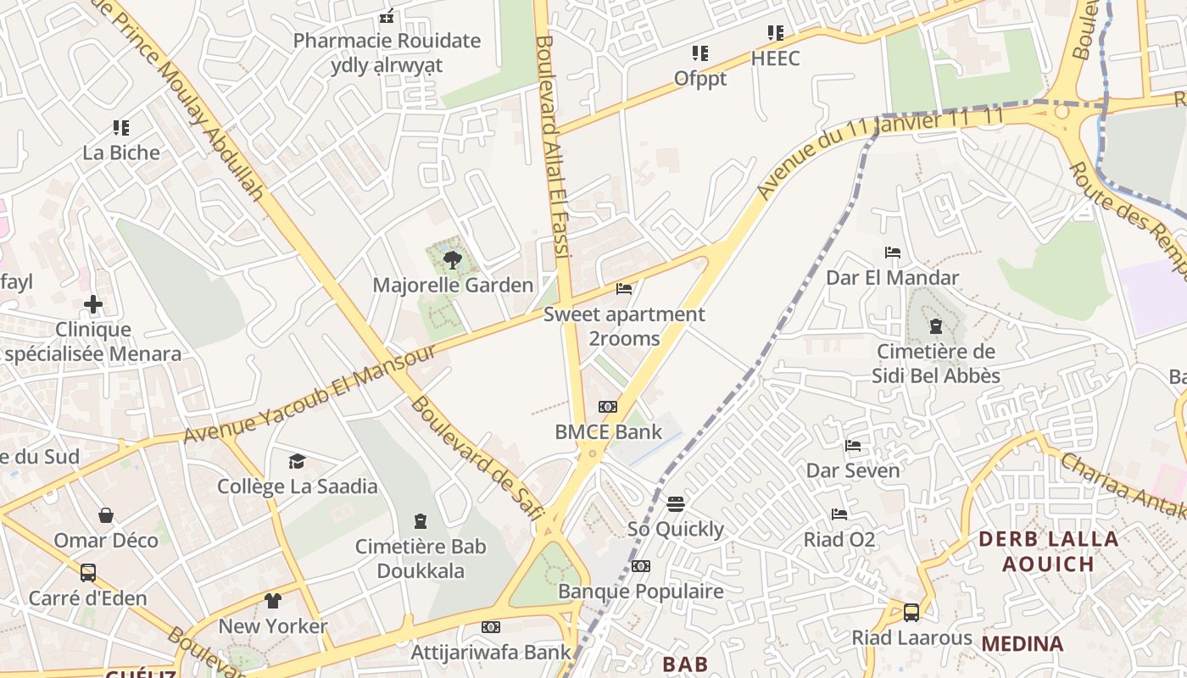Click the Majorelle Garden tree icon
pos(453,259)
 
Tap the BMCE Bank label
pos(608,431)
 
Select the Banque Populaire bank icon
pos(641,566)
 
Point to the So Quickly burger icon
pos(676,504)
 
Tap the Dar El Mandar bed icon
pos(892,253)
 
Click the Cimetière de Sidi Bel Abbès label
pos(936,364)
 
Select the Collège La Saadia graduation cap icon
pos(297,461)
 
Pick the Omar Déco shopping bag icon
pos(106,515)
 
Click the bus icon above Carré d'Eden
pos(87,573)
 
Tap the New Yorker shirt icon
pos(272,601)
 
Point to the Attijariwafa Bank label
pos(491,652)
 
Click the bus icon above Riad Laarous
pos(911,612)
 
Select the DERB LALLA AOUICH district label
pos(1048,551)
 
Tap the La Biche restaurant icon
pos(121,128)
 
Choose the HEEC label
pos(775,58)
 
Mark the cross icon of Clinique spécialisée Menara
pos(93,303)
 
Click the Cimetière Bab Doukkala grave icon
pos(421,520)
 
